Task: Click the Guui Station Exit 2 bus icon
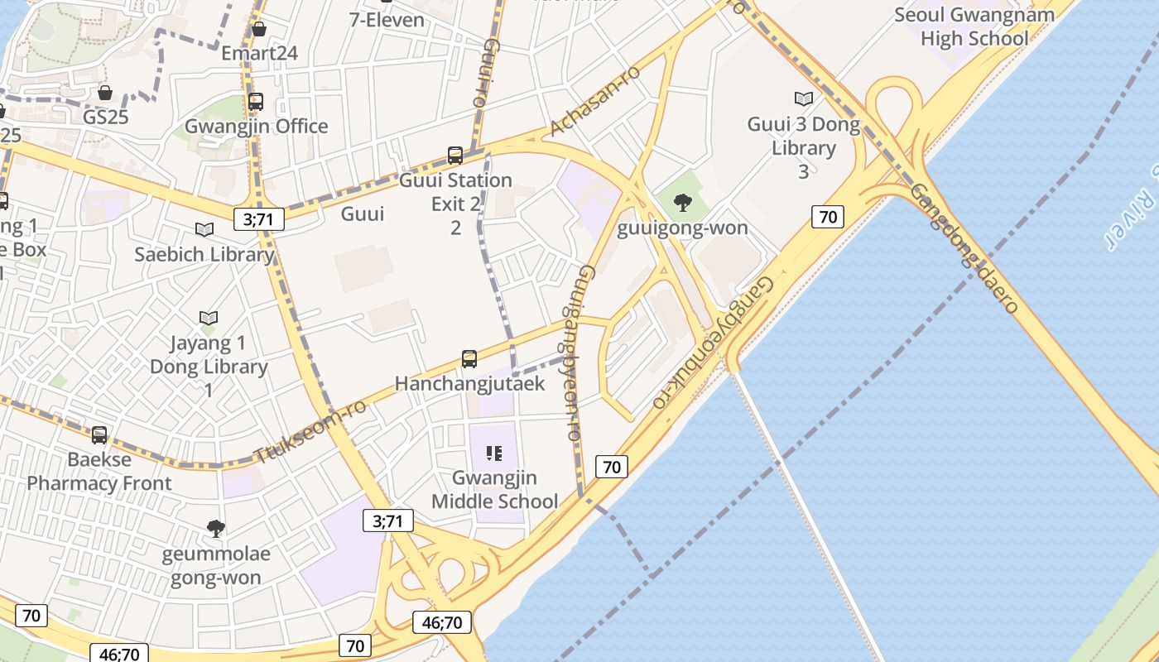coord(454,155)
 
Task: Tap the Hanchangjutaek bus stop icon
coord(469,359)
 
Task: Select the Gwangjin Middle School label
coord(495,489)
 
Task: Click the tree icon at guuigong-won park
coord(683,203)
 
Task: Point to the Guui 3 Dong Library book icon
coord(803,99)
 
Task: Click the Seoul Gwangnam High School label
coord(974,26)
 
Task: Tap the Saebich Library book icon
coord(204,230)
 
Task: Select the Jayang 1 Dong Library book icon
coord(208,318)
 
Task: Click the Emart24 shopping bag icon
coord(259,30)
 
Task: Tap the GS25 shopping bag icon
coord(105,93)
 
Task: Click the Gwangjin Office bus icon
coord(256,102)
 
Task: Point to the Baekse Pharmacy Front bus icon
coord(99,434)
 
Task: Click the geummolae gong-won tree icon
coord(215,528)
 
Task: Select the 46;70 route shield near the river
coord(442,622)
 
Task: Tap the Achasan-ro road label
coord(595,101)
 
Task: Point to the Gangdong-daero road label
coord(964,247)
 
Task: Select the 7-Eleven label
coord(387,19)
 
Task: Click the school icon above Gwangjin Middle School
coord(494,453)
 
